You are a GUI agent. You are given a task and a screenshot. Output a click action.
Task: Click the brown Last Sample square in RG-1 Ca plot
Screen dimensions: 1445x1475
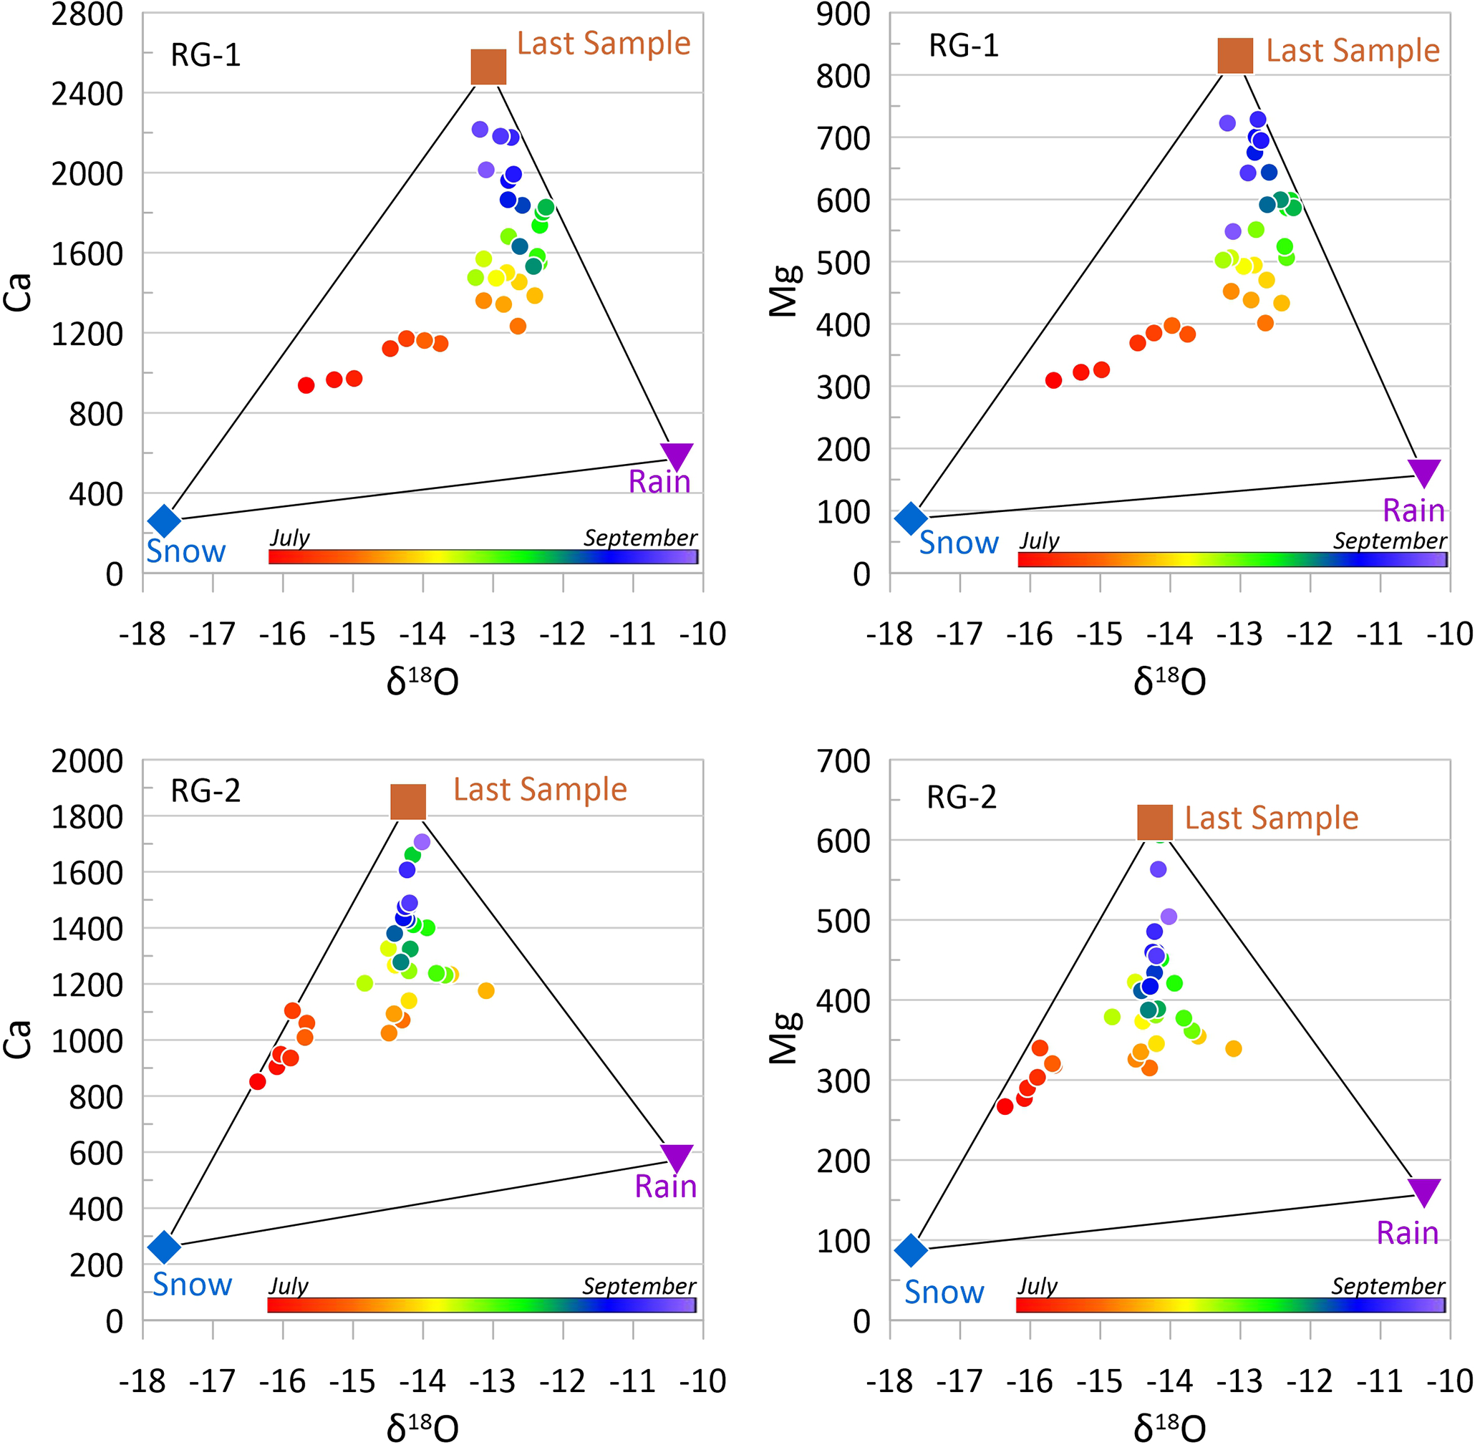tap(488, 67)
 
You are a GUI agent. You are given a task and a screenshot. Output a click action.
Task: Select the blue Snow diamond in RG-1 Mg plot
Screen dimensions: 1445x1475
tap(911, 518)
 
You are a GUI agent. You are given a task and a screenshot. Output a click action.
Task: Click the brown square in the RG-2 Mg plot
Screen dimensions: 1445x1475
tap(1154, 822)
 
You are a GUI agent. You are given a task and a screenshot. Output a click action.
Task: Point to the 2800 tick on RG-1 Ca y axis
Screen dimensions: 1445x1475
tap(87, 14)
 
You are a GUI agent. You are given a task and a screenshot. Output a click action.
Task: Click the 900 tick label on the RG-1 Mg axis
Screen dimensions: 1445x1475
tap(842, 14)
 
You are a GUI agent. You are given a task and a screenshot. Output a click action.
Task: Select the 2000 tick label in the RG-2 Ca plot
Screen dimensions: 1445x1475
tap(87, 760)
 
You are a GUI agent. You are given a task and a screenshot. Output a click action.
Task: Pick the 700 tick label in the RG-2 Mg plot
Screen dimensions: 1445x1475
tap(842, 760)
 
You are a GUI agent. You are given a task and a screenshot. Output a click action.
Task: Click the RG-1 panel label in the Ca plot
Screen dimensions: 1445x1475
tap(205, 55)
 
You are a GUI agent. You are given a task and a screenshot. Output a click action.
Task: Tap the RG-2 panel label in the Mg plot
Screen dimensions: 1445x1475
tap(962, 798)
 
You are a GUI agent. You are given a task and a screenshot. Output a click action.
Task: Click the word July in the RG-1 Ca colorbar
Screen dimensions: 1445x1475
tap(289, 537)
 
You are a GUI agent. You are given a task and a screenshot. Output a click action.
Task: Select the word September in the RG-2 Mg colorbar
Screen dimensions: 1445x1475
tap(1388, 1285)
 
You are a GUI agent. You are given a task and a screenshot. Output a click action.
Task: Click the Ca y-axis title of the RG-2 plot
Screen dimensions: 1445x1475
tap(18, 1039)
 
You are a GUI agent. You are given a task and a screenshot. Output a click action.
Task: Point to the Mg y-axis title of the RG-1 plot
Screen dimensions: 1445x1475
tap(784, 291)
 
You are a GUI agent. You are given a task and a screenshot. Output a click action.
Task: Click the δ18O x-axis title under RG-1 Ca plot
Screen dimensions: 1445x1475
tap(422, 681)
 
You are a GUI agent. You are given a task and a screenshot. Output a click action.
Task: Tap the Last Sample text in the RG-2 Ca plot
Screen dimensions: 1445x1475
tap(540, 789)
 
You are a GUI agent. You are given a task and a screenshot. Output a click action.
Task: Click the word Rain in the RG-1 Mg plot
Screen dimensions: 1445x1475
tap(1413, 510)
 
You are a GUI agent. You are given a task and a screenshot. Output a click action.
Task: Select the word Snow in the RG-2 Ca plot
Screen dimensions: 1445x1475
tap(192, 1284)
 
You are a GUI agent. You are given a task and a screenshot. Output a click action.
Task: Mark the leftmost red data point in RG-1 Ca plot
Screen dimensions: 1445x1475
tap(306, 385)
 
